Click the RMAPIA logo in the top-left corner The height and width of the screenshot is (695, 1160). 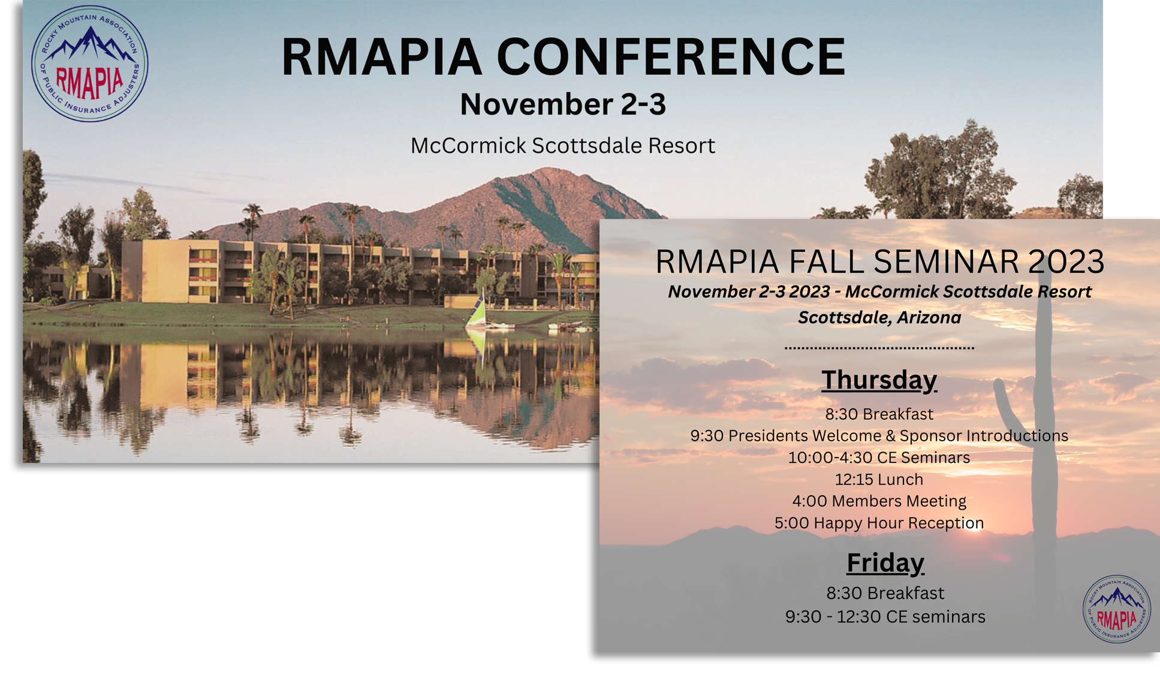pos(89,64)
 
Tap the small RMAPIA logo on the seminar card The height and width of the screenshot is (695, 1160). pos(1116,609)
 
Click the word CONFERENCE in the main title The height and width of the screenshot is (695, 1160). pos(671,57)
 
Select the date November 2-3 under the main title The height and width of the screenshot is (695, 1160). pos(563,104)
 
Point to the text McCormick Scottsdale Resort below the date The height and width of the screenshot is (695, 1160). pos(563,146)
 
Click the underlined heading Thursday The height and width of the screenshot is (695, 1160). pos(879,380)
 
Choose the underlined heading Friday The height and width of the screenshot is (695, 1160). pos(885,563)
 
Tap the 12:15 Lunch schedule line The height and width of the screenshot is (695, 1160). pos(879,479)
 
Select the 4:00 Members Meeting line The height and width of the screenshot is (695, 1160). pos(879,501)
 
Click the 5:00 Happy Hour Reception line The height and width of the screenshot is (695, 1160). pos(879,523)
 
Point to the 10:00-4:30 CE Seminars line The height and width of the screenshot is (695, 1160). pos(879,458)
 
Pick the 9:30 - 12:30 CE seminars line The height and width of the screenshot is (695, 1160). pos(885,616)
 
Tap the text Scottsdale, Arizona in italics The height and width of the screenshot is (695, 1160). pos(879,318)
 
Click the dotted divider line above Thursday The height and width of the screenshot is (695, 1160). pos(879,348)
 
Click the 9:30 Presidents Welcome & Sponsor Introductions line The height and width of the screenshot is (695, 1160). pos(879,436)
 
